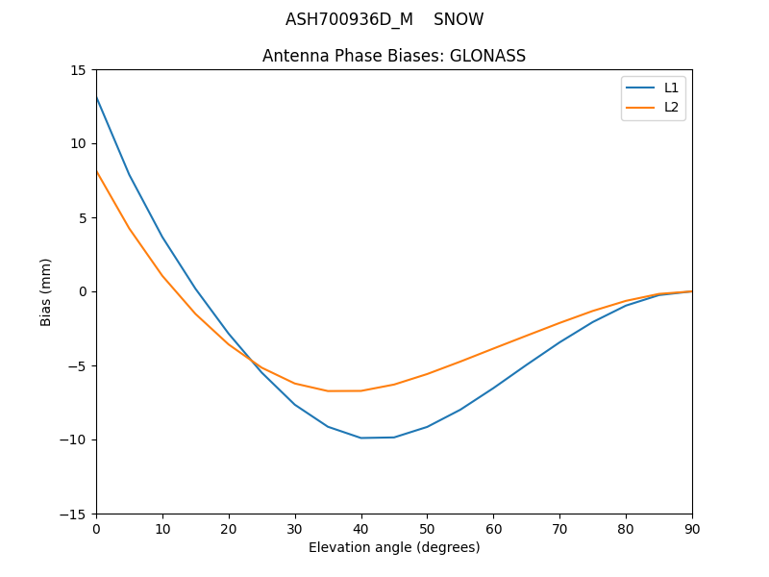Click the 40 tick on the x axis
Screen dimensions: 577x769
tap(361, 528)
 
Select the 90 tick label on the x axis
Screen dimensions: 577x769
tap(692, 528)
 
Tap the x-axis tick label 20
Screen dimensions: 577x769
tap(229, 528)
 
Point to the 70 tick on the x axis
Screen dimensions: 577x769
tap(559, 528)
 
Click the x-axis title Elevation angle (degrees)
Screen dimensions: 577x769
tap(394, 547)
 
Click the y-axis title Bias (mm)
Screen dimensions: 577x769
tap(46, 292)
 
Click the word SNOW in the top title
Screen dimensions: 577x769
tap(459, 19)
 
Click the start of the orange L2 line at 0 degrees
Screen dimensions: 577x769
tap(96, 171)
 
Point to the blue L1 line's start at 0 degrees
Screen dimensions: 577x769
tap(96, 97)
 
